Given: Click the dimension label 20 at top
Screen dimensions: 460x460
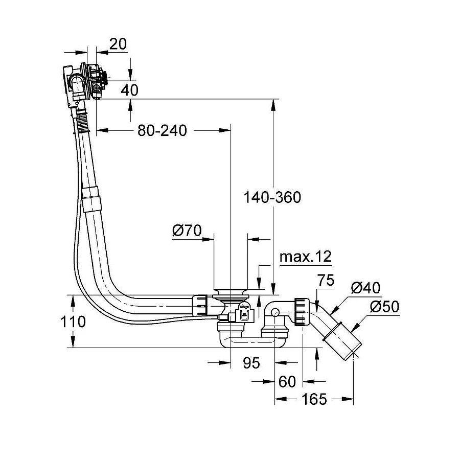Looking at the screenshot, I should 118,44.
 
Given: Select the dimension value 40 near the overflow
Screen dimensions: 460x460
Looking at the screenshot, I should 130,90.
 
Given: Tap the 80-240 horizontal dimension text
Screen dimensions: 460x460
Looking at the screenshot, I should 162,131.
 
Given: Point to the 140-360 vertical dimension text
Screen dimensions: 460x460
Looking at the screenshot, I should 272,197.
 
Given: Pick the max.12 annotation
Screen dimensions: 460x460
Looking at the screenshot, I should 306,257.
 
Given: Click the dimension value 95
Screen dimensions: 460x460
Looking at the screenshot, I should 251,363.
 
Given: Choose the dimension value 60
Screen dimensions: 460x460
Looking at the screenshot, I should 288,381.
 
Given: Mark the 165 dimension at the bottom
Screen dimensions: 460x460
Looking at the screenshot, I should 314,399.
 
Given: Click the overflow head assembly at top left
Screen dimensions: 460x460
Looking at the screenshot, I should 84,79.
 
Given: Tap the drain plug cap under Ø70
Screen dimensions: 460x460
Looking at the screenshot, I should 230,293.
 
